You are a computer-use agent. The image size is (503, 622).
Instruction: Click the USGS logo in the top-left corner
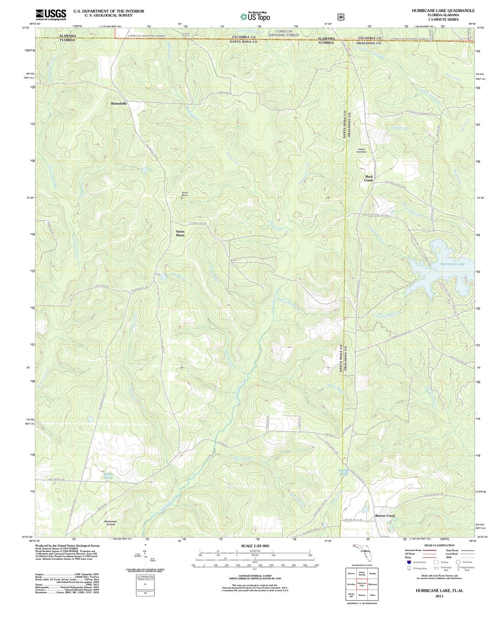(51, 15)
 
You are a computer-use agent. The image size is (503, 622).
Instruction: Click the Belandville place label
(119, 104)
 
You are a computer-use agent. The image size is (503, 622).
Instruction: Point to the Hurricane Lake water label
(452, 264)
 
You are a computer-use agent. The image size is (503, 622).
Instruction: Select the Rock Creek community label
(368, 178)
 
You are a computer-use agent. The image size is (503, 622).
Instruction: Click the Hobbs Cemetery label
(362, 150)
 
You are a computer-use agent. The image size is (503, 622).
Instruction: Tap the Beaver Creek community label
(385, 515)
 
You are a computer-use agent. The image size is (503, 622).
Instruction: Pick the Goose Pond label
(108, 475)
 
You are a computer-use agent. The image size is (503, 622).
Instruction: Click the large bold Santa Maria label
(180, 233)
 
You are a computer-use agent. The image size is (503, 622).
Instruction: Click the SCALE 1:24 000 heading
(255, 546)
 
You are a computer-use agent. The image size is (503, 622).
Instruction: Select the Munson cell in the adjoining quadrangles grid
(362, 595)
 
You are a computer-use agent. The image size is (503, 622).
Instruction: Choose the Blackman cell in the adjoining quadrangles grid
(373, 584)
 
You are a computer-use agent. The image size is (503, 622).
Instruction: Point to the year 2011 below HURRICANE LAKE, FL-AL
(439, 596)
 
